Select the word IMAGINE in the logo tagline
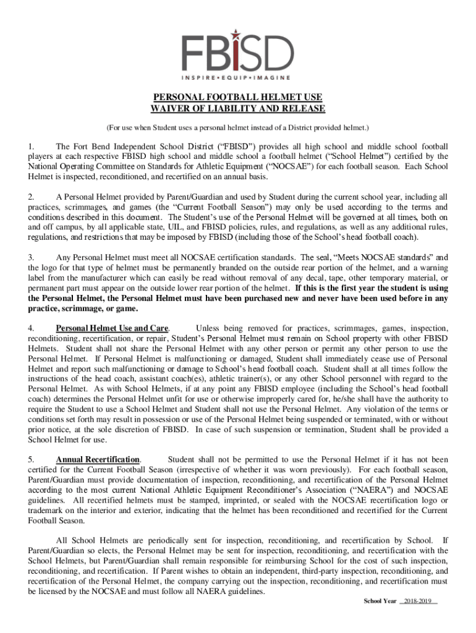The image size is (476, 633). pos(276,77)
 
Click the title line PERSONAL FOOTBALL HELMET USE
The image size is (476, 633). pos(238,98)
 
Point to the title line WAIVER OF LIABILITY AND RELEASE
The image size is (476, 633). pos(238,109)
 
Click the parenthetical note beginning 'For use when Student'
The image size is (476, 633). pos(238,127)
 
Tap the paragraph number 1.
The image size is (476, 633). pos(31,147)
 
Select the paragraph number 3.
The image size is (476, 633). pos(31,257)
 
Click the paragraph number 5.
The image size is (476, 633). pos(31,459)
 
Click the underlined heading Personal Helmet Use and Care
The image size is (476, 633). pos(113,328)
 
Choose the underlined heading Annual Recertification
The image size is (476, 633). pos(98,459)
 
